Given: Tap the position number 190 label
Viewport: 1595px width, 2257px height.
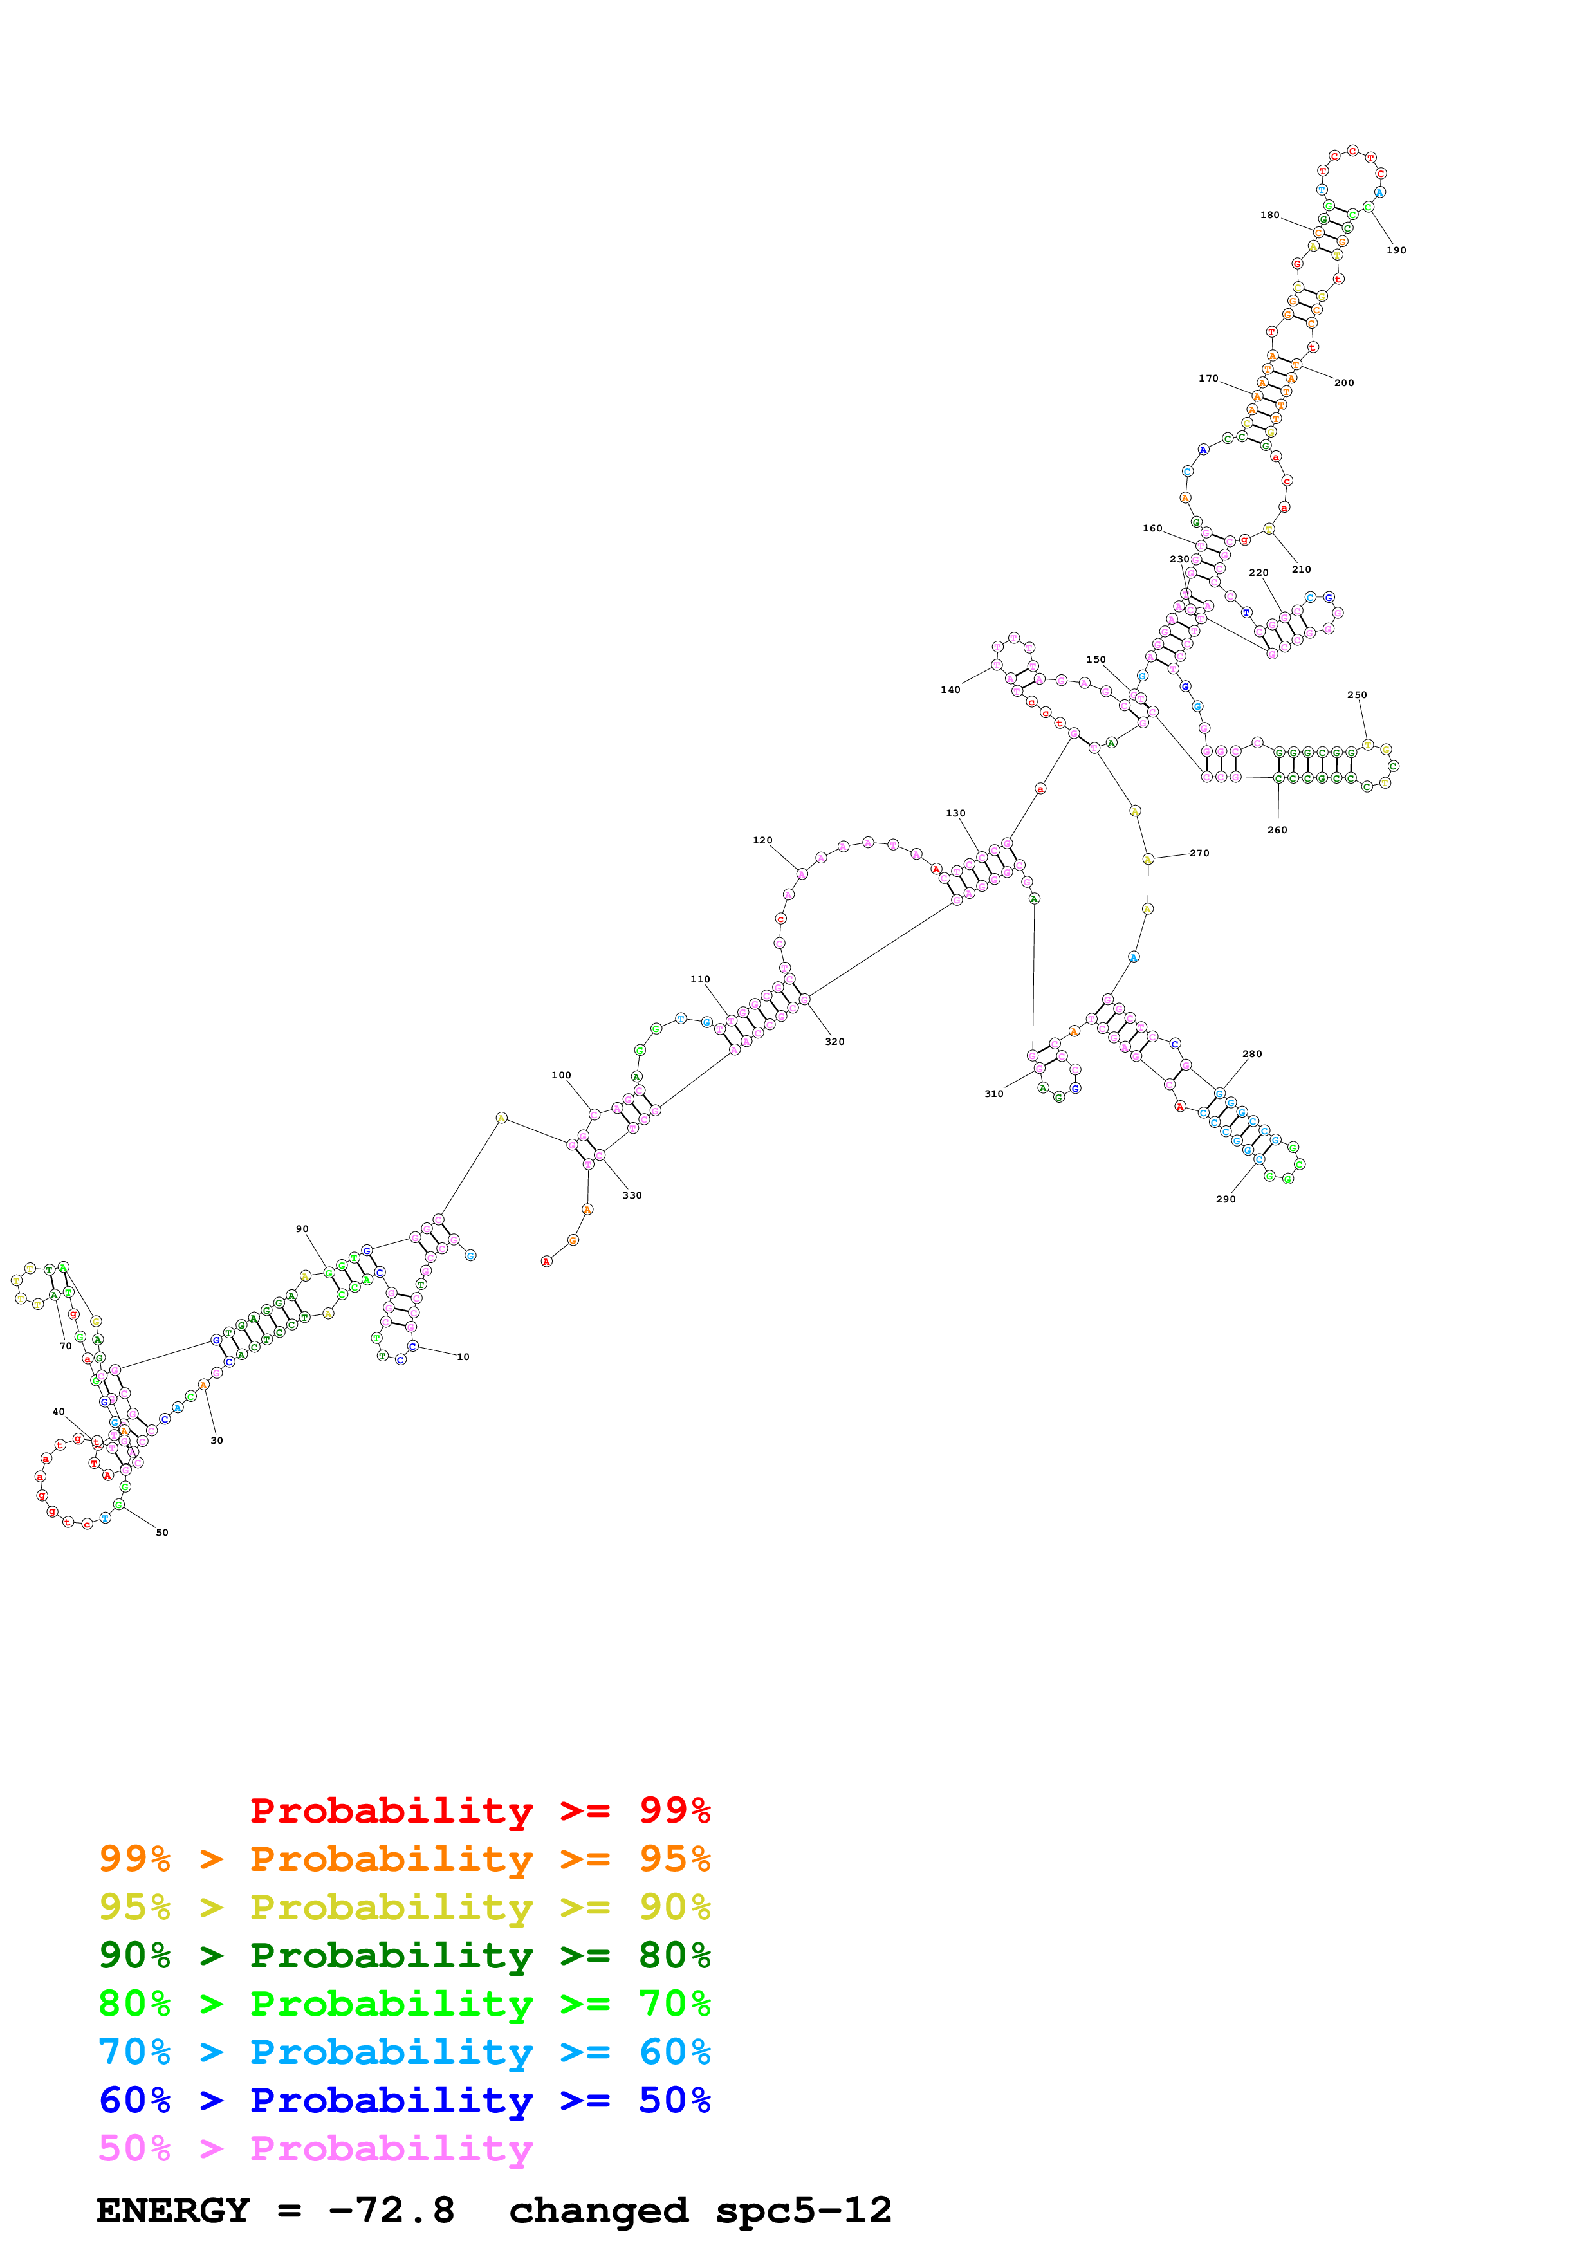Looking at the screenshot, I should [1396, 251].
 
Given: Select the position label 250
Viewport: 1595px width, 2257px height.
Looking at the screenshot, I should [1356, 695].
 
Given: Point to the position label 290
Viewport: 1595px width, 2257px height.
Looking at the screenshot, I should [1226, 1199].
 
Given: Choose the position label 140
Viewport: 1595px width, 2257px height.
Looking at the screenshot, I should [950, 690].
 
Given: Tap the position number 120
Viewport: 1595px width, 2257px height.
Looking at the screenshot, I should [762, 840].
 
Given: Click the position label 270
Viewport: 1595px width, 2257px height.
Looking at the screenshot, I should [1199, 853].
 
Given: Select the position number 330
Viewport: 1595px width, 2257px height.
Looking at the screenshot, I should [632, 1196].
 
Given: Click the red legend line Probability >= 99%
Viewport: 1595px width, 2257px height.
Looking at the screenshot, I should [479, 1810].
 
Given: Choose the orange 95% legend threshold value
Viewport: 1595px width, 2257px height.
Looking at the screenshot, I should [674, 1859].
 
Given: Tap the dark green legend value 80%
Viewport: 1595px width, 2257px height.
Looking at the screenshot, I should [674, 1955].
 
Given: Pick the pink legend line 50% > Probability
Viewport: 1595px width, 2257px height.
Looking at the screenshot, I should [315, 2149].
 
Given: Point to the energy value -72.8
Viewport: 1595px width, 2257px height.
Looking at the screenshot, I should [391, 2211].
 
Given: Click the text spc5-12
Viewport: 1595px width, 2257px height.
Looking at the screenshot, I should [803, 2211].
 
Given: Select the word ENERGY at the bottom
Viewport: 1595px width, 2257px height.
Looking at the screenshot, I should [173, 2211].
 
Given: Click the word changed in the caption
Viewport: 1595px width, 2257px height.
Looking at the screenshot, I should [598, 2211].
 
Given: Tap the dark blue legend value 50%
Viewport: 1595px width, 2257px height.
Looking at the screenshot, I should [674, 2100].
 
